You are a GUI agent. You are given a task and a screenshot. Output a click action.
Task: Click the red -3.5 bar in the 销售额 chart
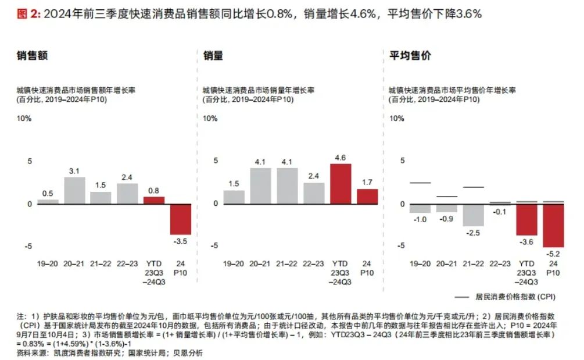point(181,219)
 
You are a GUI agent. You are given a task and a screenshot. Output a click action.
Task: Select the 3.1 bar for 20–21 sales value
point(74,190)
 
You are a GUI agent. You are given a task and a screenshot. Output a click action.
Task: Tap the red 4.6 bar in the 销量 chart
point(341,184)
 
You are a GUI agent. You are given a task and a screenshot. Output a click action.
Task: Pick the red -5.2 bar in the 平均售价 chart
point(553,225)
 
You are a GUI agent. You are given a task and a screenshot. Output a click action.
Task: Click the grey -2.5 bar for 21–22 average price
point(474,215)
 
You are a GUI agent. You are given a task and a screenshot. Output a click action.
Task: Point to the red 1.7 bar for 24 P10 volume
point(367,196)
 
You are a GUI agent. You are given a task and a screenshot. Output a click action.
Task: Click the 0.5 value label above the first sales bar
point(48,194)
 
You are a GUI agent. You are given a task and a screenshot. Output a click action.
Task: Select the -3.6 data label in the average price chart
point(526,242)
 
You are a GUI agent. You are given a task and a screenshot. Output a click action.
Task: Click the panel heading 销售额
point(32,56)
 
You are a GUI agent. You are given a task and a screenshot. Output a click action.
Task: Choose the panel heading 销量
point(213,56)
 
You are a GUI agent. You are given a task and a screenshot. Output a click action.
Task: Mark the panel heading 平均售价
point(410,56)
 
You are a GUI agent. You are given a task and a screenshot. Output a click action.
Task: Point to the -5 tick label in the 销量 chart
point(214,246)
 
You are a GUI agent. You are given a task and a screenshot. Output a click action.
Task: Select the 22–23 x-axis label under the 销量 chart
point(314,263)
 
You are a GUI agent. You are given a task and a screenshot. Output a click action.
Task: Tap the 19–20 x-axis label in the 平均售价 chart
point(420,263)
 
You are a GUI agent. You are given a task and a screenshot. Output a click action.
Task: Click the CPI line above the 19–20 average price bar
point(420,183)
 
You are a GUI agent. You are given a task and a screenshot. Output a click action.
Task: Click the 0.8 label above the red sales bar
point(154,190)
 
